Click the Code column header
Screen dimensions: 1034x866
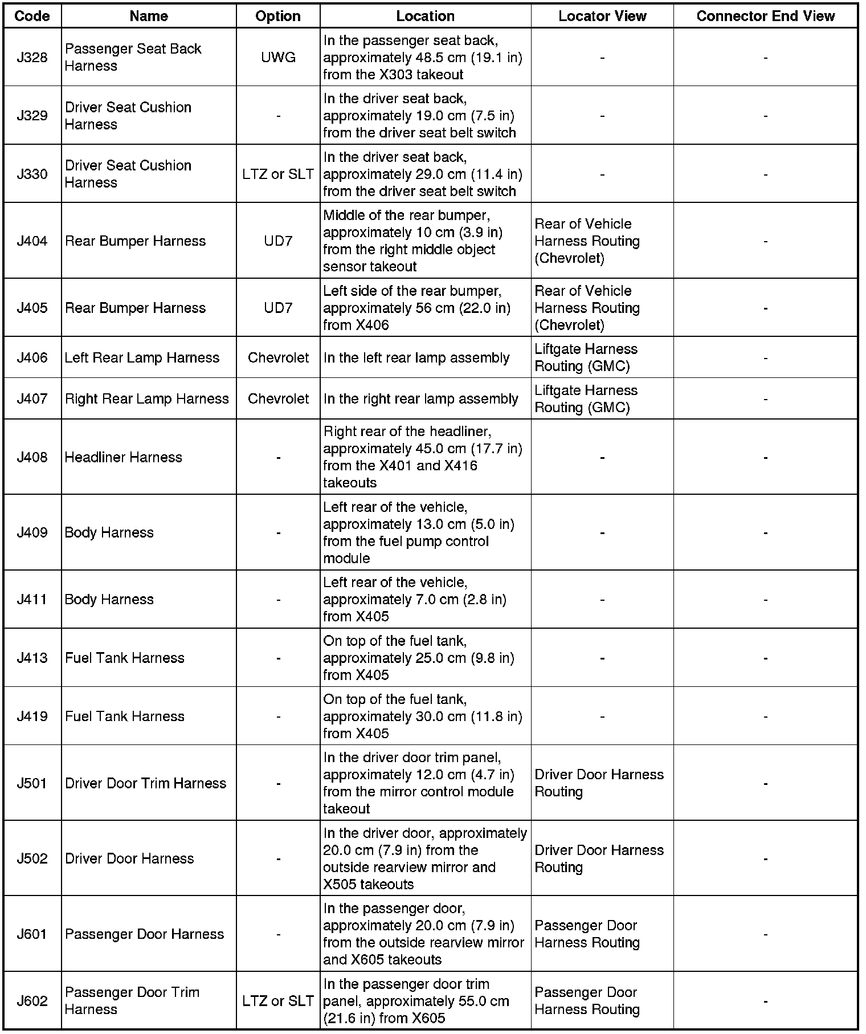[32, 16]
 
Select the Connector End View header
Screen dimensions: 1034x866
[765, 16]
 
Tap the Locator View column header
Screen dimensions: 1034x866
[602, 16]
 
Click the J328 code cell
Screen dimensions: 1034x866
[32, 58]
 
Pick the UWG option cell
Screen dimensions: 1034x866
[278, 58]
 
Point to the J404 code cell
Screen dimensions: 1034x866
[32, 241]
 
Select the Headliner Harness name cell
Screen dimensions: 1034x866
[124, 457]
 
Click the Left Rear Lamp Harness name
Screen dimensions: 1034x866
[142, 357]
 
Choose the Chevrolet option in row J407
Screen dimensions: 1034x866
[278, 398]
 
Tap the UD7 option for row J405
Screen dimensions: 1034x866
[278, 308]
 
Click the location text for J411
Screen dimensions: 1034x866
[414, 599]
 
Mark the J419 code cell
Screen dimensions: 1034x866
[32, 717]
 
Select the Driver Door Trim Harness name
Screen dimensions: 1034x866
[145, 783]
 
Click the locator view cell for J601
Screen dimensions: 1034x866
[587, 934]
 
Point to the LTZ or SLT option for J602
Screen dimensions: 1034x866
[278, 1001]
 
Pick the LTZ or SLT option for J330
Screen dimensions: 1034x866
[278, 174]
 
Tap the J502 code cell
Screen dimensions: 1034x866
[32, 858]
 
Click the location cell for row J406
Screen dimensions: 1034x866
[416, 357]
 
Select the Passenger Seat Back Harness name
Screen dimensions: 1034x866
[133, 58]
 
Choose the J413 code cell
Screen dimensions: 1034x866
[32, 658]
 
